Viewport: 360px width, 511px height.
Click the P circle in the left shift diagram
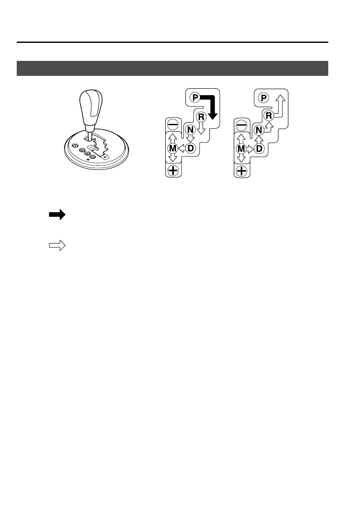point(195,98)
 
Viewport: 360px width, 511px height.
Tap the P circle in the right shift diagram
point(263,98)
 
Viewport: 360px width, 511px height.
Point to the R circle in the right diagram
point(269,116)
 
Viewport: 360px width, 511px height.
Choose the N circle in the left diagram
point(190,129)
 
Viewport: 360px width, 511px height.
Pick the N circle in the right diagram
point(258,129)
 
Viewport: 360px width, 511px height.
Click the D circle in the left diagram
point(191,148)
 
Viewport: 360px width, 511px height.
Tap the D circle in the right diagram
point(259,148)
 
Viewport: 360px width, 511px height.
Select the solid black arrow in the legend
point(57,215)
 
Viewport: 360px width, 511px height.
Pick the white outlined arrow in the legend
point(57,246)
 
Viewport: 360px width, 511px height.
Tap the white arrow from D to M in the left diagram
point(181,148)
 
